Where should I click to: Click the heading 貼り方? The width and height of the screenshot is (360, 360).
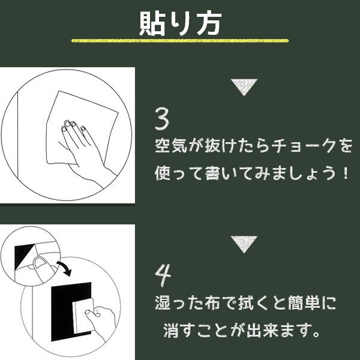pos(180,23)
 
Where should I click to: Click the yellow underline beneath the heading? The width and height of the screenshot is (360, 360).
pos(180,41)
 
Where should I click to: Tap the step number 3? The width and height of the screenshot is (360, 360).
pos(162,119)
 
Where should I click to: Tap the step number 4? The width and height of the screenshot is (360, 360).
pos(163,275)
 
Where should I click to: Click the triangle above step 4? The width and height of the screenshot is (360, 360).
pos(244,244)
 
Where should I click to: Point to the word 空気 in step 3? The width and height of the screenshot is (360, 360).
pos(171,146)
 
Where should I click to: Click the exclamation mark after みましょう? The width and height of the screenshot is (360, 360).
pos(345,173)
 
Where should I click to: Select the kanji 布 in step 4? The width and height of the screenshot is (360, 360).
pos(213,303)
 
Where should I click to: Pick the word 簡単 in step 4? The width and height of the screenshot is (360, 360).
pos(301,303)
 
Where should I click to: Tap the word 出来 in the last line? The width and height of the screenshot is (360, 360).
pos(263,331)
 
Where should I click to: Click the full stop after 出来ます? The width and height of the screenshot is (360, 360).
pos(317,334)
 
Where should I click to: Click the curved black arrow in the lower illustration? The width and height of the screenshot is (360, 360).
pos(65,268)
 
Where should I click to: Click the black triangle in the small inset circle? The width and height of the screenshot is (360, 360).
pos(23,257)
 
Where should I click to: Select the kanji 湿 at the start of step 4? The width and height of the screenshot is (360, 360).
pos(163,303)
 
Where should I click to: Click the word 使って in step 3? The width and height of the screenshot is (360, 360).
pos(179,173)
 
